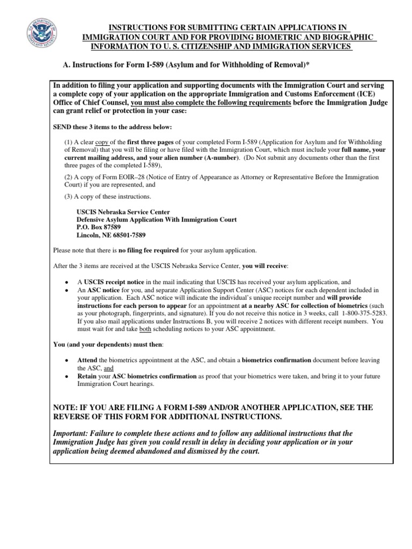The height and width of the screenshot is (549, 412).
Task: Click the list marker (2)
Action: point(69,177)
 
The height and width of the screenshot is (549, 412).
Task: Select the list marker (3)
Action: point(69,197)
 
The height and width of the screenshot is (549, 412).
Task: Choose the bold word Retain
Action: point(88,376)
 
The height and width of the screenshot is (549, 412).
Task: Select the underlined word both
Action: point(145,329)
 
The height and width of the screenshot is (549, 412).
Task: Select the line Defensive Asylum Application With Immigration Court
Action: point(157,219)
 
